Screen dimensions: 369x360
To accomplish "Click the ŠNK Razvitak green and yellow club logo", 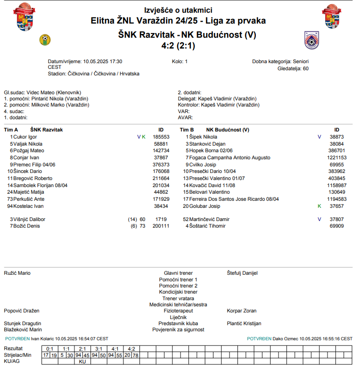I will (45, 40).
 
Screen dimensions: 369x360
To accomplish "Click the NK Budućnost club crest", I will (312, 40).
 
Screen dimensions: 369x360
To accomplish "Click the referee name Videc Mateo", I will (39, 92).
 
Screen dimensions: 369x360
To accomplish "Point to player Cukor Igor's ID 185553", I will (161, 137).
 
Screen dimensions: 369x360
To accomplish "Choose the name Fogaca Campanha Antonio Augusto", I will (229, 157).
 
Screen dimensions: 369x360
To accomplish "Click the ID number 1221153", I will (337, 157).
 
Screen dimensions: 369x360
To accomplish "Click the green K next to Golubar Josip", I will (319, 206).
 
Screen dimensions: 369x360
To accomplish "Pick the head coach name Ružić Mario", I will (17, 273).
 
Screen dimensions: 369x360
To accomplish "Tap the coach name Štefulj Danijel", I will (242, 273).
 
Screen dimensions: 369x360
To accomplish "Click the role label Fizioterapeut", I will (178, 311).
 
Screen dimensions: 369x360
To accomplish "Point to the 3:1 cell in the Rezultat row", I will (98, 349).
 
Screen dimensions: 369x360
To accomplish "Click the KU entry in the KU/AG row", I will (82, 361).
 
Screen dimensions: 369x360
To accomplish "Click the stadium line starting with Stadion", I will (93, 74).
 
